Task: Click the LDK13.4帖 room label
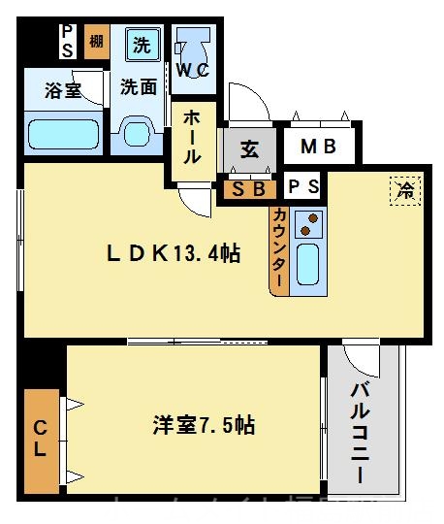(x=174, y=254)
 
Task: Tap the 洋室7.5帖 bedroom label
(x=204, y=425)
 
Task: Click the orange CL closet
(x=42, y=438)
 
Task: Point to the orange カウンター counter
(x=279, y=248)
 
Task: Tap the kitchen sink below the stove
(x=308, y=263)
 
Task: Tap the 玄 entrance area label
(x=249, y=149)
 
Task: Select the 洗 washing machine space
(x=142, y=44)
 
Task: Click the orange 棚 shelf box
(x=96, y=42)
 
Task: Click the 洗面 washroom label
(x=139, y=86)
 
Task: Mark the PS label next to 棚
(x=67, y=42)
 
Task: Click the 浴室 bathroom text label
(x=61, y=92)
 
